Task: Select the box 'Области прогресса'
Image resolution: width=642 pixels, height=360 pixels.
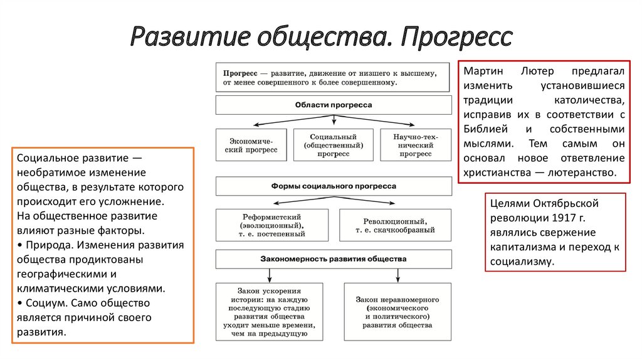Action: [334, 105]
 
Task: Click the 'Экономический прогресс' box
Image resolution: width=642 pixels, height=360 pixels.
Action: [251, 146]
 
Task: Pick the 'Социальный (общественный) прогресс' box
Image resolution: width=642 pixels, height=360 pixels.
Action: [334, 146]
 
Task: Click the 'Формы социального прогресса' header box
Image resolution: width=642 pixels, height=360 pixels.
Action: [334, 186]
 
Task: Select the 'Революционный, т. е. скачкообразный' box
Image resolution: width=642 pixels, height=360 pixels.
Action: [395, 225]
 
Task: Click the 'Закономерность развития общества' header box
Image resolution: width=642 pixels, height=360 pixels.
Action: [334, 258]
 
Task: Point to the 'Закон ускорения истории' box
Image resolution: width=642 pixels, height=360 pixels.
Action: [269, 312]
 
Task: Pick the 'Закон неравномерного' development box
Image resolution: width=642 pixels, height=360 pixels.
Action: [397, 312]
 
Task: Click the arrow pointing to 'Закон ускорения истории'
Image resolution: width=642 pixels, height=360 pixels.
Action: [269, 275]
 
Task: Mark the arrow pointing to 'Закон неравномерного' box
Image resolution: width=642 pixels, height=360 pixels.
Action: [397, 275]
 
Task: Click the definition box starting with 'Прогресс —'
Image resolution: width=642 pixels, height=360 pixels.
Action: [334, 77]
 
